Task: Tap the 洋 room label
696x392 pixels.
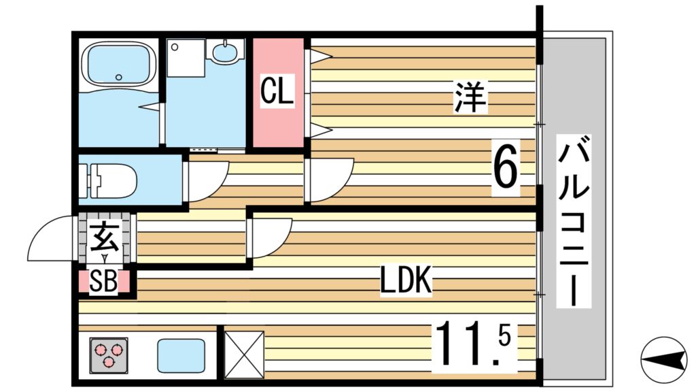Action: tap(470, 97)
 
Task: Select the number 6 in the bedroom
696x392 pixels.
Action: tap(506, 167)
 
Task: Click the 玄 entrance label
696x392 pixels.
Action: tap(105, 238)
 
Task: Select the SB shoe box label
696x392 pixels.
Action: tap(103, 281)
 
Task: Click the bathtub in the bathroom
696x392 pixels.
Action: tap(119, 65)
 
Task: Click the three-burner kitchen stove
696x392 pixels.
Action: tap(109, 355)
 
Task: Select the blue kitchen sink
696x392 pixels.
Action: tap(181, 355)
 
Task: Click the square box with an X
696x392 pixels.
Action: tap(244, 355)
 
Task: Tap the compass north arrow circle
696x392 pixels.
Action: tap(664, 359)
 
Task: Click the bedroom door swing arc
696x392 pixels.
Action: tap(342, 189)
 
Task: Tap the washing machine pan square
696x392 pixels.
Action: tap(186, 58)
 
